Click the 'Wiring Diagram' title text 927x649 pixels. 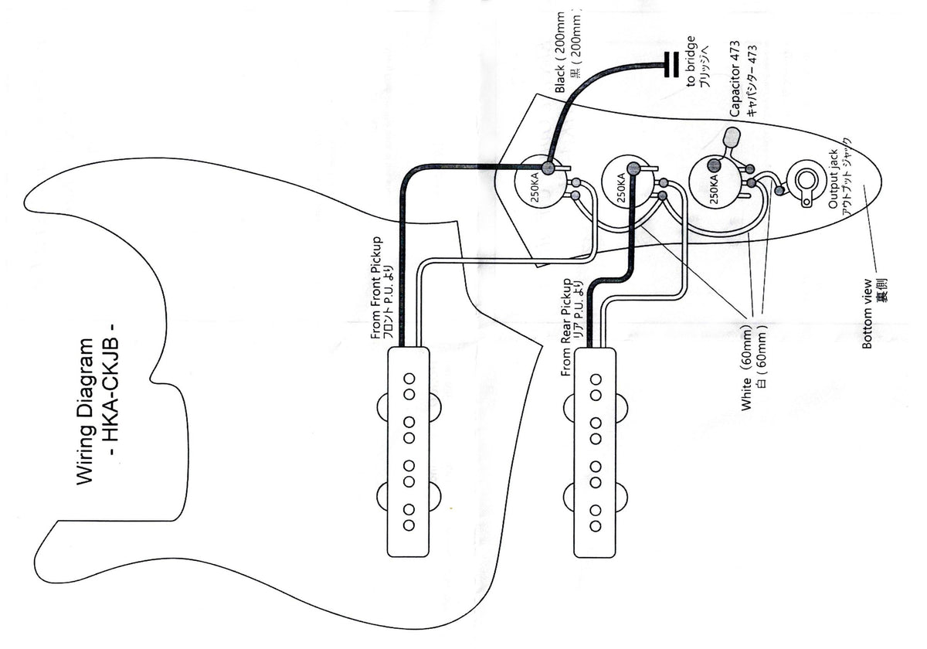[85, 411]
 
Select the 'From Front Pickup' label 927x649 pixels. [375, 288]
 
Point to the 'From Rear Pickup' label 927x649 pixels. [565, 327]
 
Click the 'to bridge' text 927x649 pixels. [691, 62]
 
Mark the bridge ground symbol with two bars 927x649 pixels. [671, 64]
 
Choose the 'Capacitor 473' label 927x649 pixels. [735, 79]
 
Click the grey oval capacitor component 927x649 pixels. [732, 138]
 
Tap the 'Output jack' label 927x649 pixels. [833, 178]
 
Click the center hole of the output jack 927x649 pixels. [806, 180]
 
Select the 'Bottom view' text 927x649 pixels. [867, 314]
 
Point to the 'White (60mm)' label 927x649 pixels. [746, 368]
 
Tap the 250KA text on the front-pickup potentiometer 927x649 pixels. [535, 187]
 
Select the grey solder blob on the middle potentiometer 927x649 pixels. [633, 168]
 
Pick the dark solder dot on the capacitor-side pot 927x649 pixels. [714, 165]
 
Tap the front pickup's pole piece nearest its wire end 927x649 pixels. [409, 379]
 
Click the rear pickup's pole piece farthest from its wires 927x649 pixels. [596, 526]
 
